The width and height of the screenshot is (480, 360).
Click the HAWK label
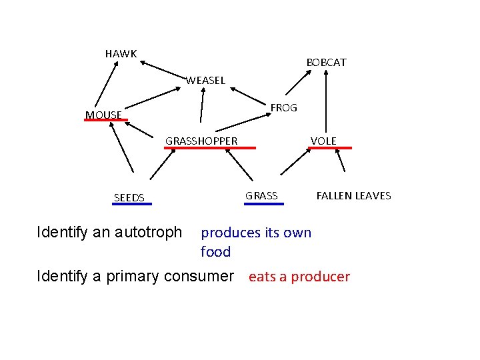[x=121, y=53]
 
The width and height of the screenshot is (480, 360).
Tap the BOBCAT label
[x=326, y=63]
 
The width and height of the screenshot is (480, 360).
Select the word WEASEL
[x=205, y=81]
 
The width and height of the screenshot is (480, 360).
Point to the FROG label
[x=283, y=107]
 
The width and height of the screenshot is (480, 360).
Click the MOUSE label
[x=103, y=115]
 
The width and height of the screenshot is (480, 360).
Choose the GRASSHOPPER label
[x=201, y=141]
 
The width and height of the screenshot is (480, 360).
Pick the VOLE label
[x=323, y=141]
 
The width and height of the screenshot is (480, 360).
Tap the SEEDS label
[x=129, y=197]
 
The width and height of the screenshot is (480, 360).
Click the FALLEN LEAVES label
[x=353, y=195]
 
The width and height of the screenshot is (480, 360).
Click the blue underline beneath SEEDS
[x=132, y=205]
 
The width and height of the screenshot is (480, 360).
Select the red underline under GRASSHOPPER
[x=211, y=148]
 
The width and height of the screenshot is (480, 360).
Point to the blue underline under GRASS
[x=259, y=203]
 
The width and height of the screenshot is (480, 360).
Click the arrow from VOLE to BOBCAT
[x=325, y=100]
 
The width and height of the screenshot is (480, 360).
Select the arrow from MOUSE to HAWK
[x=105, y=83]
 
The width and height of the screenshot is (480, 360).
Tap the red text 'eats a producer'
[x=299, y=277]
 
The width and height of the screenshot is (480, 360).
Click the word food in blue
[x=215, y=252]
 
